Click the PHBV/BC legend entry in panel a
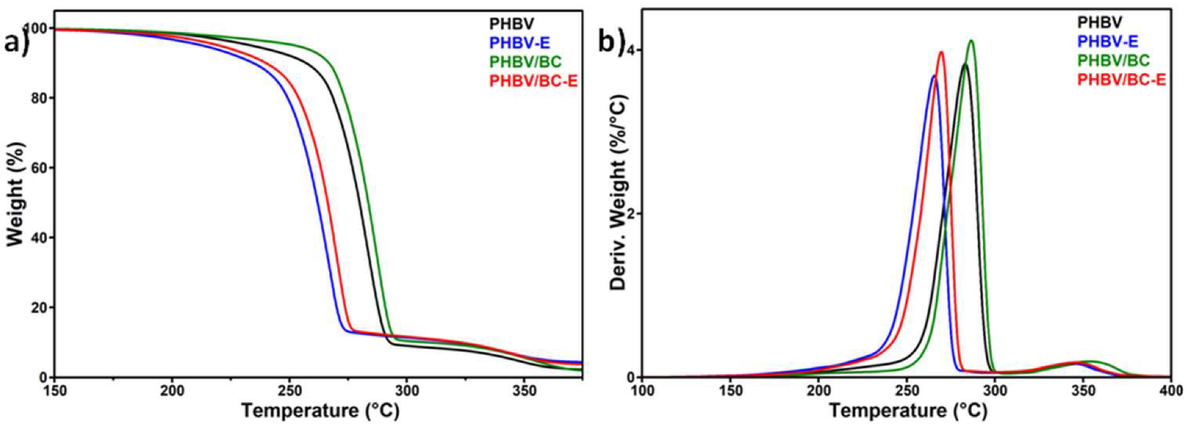click(525, 61)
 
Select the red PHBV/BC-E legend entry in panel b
click(1122, 80)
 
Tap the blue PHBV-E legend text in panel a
click(519, 43)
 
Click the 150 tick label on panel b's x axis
click(730, 391)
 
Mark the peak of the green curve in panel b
click(970, 41)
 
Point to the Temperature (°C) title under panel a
click(320, 411)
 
